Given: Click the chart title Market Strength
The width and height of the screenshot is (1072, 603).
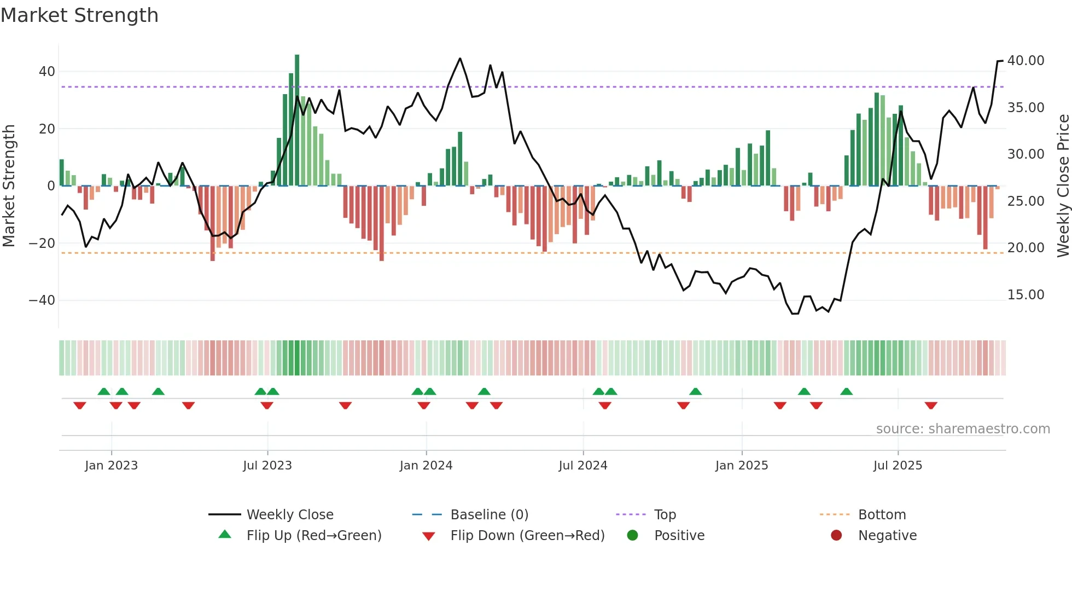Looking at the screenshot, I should point(79,15).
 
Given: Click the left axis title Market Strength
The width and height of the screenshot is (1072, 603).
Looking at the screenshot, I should point(9,185).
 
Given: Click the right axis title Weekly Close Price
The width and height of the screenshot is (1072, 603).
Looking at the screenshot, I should point(1063,185).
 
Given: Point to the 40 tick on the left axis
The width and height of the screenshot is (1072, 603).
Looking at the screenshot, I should point(47,72).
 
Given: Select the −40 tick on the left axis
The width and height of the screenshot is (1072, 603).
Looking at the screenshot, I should point(42,300).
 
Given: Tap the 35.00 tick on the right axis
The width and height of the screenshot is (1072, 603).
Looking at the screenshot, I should point(1026,108).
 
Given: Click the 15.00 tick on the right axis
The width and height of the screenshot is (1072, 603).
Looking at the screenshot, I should point(1026,295).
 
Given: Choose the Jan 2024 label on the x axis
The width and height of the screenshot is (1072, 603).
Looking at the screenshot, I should point(426,466).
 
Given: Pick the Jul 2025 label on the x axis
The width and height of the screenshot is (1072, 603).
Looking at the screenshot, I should point(898,466).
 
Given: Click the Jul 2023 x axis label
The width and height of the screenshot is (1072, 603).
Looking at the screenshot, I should point(267,466).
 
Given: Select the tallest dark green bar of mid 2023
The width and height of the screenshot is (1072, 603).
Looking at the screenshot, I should point(297,120).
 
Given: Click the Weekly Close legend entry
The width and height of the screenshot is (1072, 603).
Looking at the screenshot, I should point(290,515).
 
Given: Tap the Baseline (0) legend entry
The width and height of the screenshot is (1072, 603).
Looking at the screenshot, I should point(489,515).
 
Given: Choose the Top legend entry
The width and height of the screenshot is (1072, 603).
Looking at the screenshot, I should point(665,515).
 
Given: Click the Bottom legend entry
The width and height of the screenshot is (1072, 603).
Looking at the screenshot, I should point(882,515).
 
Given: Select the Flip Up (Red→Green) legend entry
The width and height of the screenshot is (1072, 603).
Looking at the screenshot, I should point(314,536).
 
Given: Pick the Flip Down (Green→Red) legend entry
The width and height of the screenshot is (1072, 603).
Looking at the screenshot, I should point(527,536).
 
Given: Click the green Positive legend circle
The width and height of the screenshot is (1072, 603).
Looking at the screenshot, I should point(633,536).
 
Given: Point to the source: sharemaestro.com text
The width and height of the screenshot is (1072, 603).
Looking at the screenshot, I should point(963,429).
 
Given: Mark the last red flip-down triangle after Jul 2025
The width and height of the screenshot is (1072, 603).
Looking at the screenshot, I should point(931,405).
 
